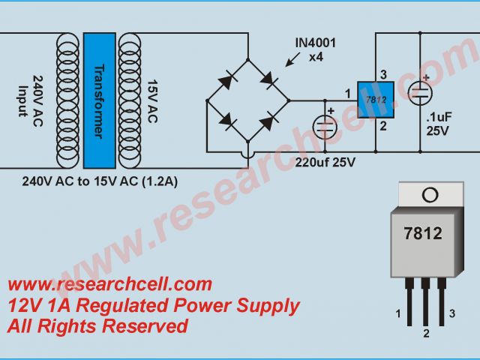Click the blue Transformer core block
(99, 100)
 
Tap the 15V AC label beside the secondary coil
(151, 100)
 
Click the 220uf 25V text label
(325, 161)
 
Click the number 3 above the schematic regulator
(382, 73)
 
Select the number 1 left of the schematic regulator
(346, 93)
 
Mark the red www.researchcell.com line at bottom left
(109, 284)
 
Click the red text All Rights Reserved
(97, 326)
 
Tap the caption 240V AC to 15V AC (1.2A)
(100, 181)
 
